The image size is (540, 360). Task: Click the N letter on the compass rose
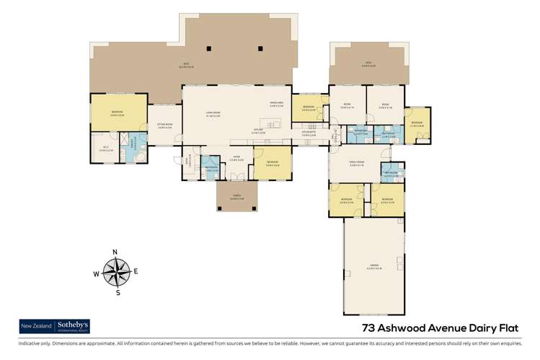click(115, 252)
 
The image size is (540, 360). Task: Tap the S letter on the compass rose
click(115, 293)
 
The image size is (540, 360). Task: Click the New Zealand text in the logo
click(36, 326)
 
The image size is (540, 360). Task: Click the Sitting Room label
click(165, 125)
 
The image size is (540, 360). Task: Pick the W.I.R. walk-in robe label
click(105, 149)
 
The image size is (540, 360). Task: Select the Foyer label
click(236, 159)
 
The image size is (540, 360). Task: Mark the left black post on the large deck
click(208, 48)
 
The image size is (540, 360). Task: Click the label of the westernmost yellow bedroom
click(117, 113)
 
